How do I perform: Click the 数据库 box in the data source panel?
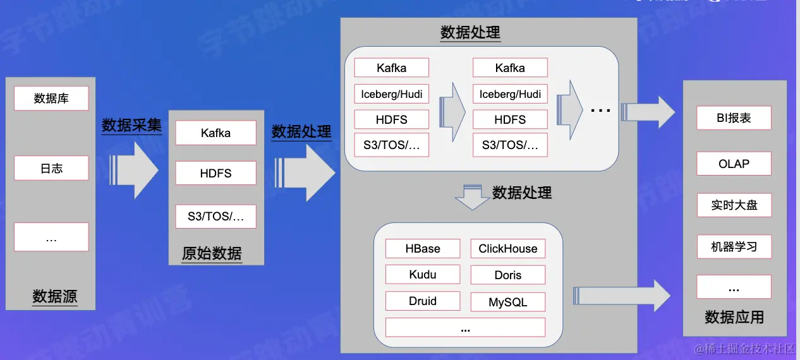[51, 99]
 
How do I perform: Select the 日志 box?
[51, 169]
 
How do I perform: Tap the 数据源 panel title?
[55, 296]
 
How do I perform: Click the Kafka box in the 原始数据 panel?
[215, 133]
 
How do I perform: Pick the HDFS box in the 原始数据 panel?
[215, 173]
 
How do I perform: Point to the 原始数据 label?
[212, 253]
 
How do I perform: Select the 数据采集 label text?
[131, 125]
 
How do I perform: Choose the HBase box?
[423, 248]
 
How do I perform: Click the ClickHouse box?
[507, 249]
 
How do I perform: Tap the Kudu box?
[423, 275]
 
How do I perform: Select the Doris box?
[507, 275]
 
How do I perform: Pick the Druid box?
[423, 301]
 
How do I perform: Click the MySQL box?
[507, 302]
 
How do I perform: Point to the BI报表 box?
[734, 118]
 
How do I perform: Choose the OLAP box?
[734, 164]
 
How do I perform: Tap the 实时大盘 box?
[734, 205]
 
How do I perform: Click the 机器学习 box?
[734, 246]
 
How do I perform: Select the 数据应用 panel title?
[734, 317]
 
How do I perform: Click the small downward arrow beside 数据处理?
[473, 198]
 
